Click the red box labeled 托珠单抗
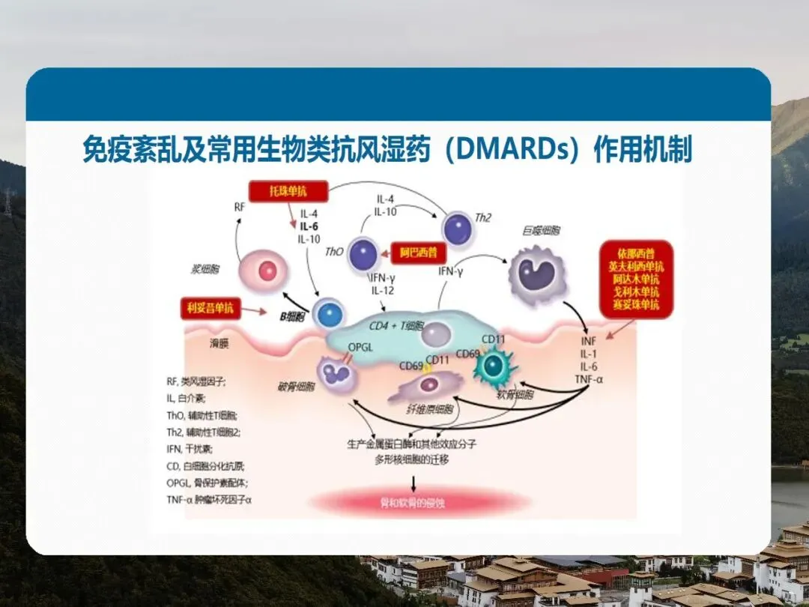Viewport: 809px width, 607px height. pyautogui.click(x=288, y=191)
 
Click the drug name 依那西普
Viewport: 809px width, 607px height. pyautogui.click(x=636, y=253)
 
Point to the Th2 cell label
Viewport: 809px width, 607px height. pyautogui.click(x=484, y=218)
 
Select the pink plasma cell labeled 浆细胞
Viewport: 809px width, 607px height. pyautogui.click(x=267, y=271)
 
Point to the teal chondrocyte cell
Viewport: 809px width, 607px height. pyautogui.click(x=494, y=365)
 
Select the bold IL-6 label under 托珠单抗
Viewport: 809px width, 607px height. pyautogui.click(x=309, y=226)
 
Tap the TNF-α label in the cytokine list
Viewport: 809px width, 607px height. pyautogui.click(x=588, y=378)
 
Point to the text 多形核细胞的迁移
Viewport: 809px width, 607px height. pyautogui.click(x=412, y=459)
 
